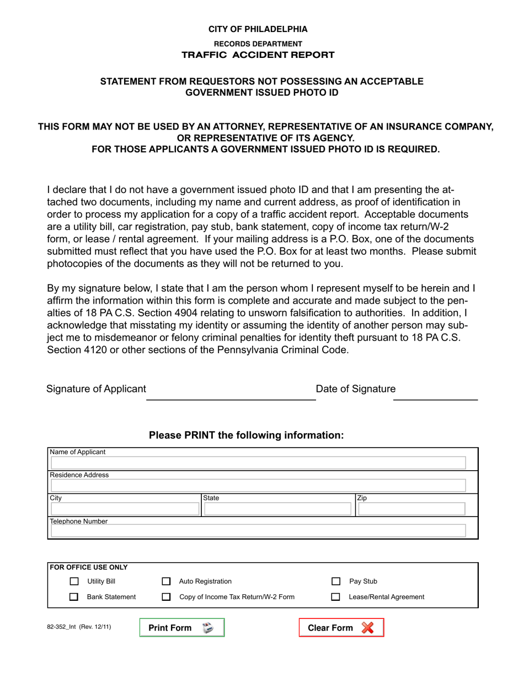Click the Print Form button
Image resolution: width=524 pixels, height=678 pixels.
pyautogui.click(x=182, y=628)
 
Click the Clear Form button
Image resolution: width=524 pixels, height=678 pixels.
pyautogui.click(x=341, y=628)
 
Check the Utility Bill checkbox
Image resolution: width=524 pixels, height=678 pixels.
pyautogui.click(x=74, y=581)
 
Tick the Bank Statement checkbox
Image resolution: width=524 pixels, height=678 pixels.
pyautogui.click(x=74, y=596)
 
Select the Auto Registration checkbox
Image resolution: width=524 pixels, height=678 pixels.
pyautogui.click(x=166, y=581)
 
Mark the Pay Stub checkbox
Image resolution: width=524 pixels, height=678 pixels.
pyautogui.click(x=335, y=581)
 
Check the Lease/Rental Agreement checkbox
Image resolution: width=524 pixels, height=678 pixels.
pyautogui.click(x=335, y=596)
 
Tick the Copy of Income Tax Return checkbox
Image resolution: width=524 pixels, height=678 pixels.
pyautogui.click(x=166, y=596)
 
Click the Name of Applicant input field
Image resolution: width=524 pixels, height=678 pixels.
pyautogui.click(x=258, y=462)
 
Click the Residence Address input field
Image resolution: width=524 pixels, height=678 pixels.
pyautogui.click(x=258, y=486)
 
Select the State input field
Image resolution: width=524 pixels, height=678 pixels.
pyautogui.click(x=277, y=509)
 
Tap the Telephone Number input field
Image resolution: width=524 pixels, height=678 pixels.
pyautogui.click(x=258, y=531)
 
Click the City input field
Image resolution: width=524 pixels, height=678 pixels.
pyautogui.click(x=125, y=509)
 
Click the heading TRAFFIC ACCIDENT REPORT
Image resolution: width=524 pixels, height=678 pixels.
pyautogui.click(x=258, y=55)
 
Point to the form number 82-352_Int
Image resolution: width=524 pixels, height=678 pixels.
pyautogui.click(x=79, y=627)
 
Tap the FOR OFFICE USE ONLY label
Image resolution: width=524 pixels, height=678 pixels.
pyautogui.click(x=89, y=567)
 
